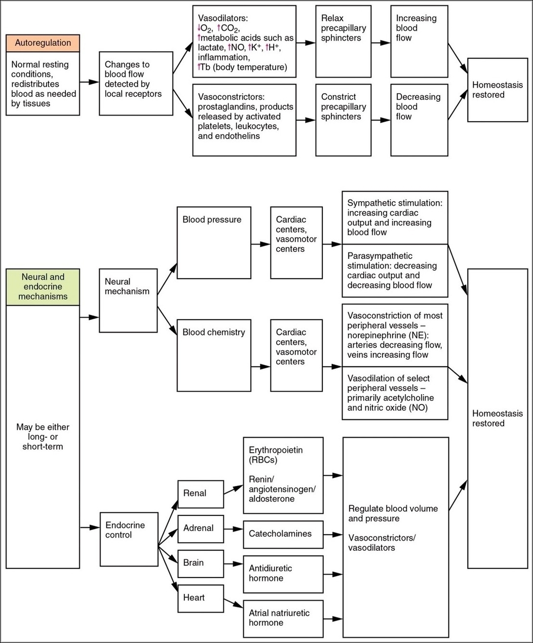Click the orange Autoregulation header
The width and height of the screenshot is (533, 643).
(43, 43)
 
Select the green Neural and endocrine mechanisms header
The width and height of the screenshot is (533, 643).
(43, 287)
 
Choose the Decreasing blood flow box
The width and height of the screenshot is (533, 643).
(420, 120)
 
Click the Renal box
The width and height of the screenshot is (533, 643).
(201, 494)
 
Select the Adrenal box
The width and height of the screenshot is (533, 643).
(201, 528)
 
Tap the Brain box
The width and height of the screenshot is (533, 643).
(201, 563)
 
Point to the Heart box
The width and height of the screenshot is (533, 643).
(201, 598)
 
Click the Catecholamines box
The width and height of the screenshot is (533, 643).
(283, 534)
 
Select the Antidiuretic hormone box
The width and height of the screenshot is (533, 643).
(283, 574)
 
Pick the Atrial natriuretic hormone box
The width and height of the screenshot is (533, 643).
(283, 618)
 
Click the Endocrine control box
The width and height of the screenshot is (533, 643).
(128, 531)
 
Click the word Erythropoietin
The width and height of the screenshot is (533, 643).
(276, 450)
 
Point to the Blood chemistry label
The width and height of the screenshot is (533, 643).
(214, 332)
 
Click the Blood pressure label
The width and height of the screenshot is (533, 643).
(212, 220)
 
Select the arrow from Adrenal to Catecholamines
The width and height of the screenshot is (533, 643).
(233, 529)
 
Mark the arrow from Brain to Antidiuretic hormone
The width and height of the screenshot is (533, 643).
(233, 563)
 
